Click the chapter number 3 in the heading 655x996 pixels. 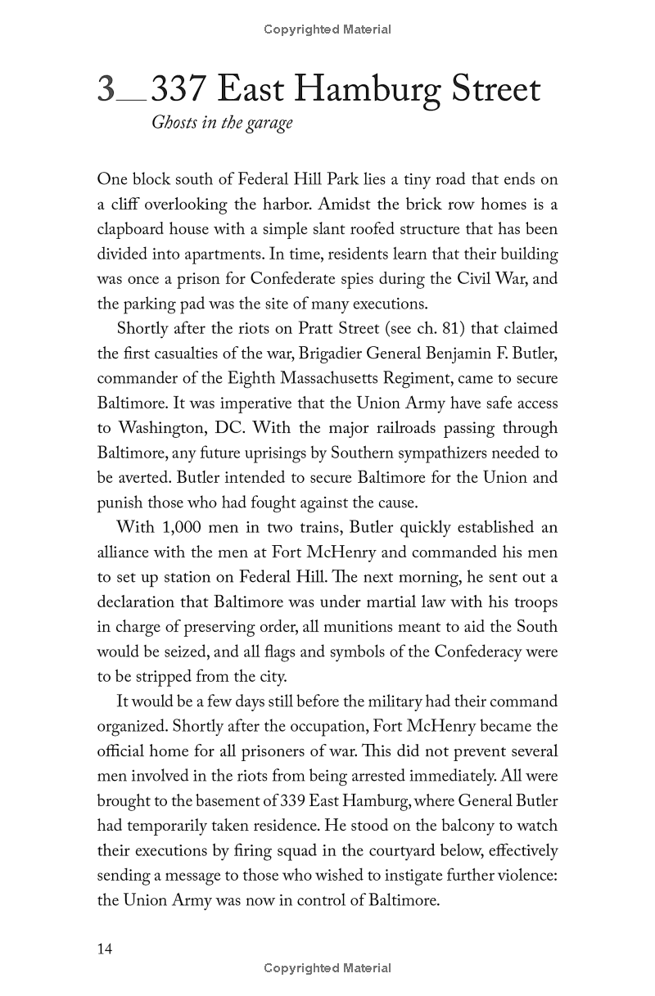(106, 89)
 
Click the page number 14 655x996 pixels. (105, 949)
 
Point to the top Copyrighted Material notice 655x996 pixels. (327, 29)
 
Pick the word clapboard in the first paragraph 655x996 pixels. (133, 228)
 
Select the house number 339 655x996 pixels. (292, 801)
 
